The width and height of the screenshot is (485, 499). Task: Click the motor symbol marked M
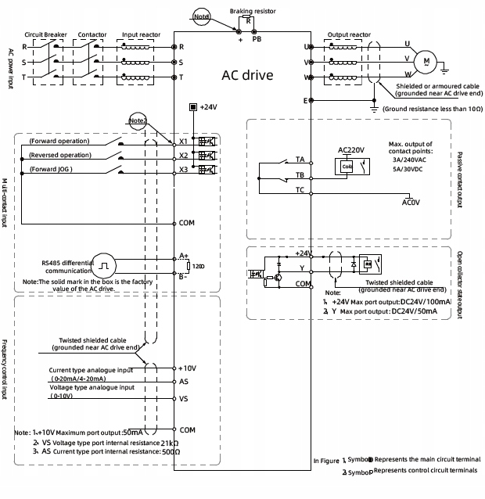[x=426, y=59]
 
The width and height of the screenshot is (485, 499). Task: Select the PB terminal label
[x=257, y=38]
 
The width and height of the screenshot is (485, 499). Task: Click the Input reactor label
[x=141, y=35]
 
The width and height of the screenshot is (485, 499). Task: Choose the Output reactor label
[x=348, y=35]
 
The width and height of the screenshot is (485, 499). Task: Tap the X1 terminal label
[x=184, y=142]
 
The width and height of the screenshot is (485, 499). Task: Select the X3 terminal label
[x=184, y=169]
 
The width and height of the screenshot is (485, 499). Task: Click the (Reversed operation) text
[x=60, y=155]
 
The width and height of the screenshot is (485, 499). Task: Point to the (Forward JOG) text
[x=54, y=169]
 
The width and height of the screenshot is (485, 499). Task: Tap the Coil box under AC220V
[x=347, y=166]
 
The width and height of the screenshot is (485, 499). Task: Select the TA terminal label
[x=300, y=159]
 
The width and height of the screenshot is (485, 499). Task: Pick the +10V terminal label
[x=188, y=367]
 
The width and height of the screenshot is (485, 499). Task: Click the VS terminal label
[x=184, y=398]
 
